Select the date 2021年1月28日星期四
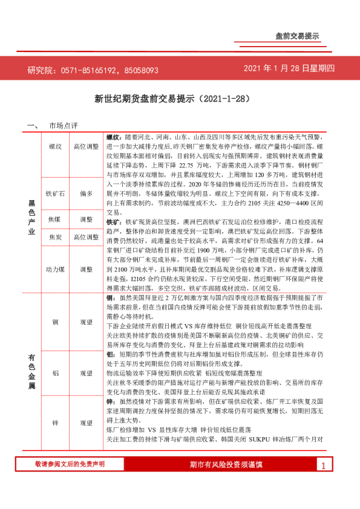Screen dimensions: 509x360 (x=289, y=69)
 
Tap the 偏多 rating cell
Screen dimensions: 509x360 (x=86, y=194)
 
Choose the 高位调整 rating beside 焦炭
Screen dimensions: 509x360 (x=86, y=238)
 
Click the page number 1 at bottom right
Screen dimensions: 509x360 (x=324, y=482)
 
